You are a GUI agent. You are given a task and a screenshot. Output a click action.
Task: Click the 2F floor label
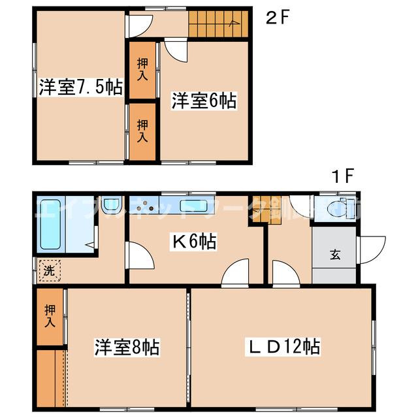coord(276,18)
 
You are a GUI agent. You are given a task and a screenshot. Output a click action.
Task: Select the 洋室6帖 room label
coord(204,101)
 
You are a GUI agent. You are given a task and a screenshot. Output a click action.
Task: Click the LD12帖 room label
coord(282,346)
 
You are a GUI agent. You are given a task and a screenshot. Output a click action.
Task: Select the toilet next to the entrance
coord(336,208)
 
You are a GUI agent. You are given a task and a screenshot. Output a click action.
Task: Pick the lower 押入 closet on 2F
coord(142,131)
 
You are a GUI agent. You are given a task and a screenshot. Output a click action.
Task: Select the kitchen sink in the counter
coord(193,206)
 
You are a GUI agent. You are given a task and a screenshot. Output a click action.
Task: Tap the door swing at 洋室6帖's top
coord(175,50)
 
